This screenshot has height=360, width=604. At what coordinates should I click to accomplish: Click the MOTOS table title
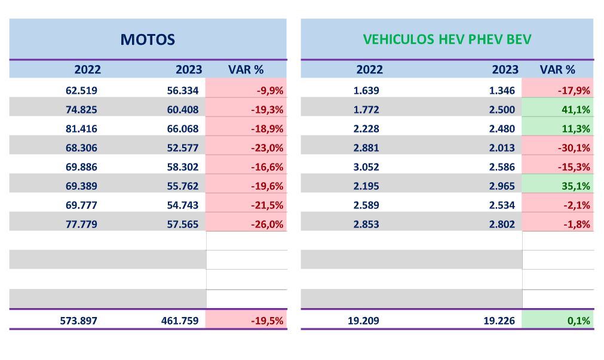coord(148,40)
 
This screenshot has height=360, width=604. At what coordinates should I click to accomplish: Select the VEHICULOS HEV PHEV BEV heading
coord(447,40)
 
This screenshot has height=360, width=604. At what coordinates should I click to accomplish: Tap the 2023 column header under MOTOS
coord(188,69)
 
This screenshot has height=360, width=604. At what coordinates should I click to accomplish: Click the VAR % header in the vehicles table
coord(557,69)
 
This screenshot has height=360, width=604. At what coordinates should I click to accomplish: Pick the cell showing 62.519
coord(81,91)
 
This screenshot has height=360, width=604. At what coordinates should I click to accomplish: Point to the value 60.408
coord(182,110)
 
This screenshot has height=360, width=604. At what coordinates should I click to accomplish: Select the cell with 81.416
coord(81,129)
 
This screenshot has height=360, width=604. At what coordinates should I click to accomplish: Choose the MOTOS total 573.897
coord(78,321)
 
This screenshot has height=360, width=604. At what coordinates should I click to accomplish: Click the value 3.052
coord(366,167)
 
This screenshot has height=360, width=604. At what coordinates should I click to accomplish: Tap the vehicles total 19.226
coord(501,321)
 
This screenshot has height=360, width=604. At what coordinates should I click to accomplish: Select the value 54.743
coord(182,205)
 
